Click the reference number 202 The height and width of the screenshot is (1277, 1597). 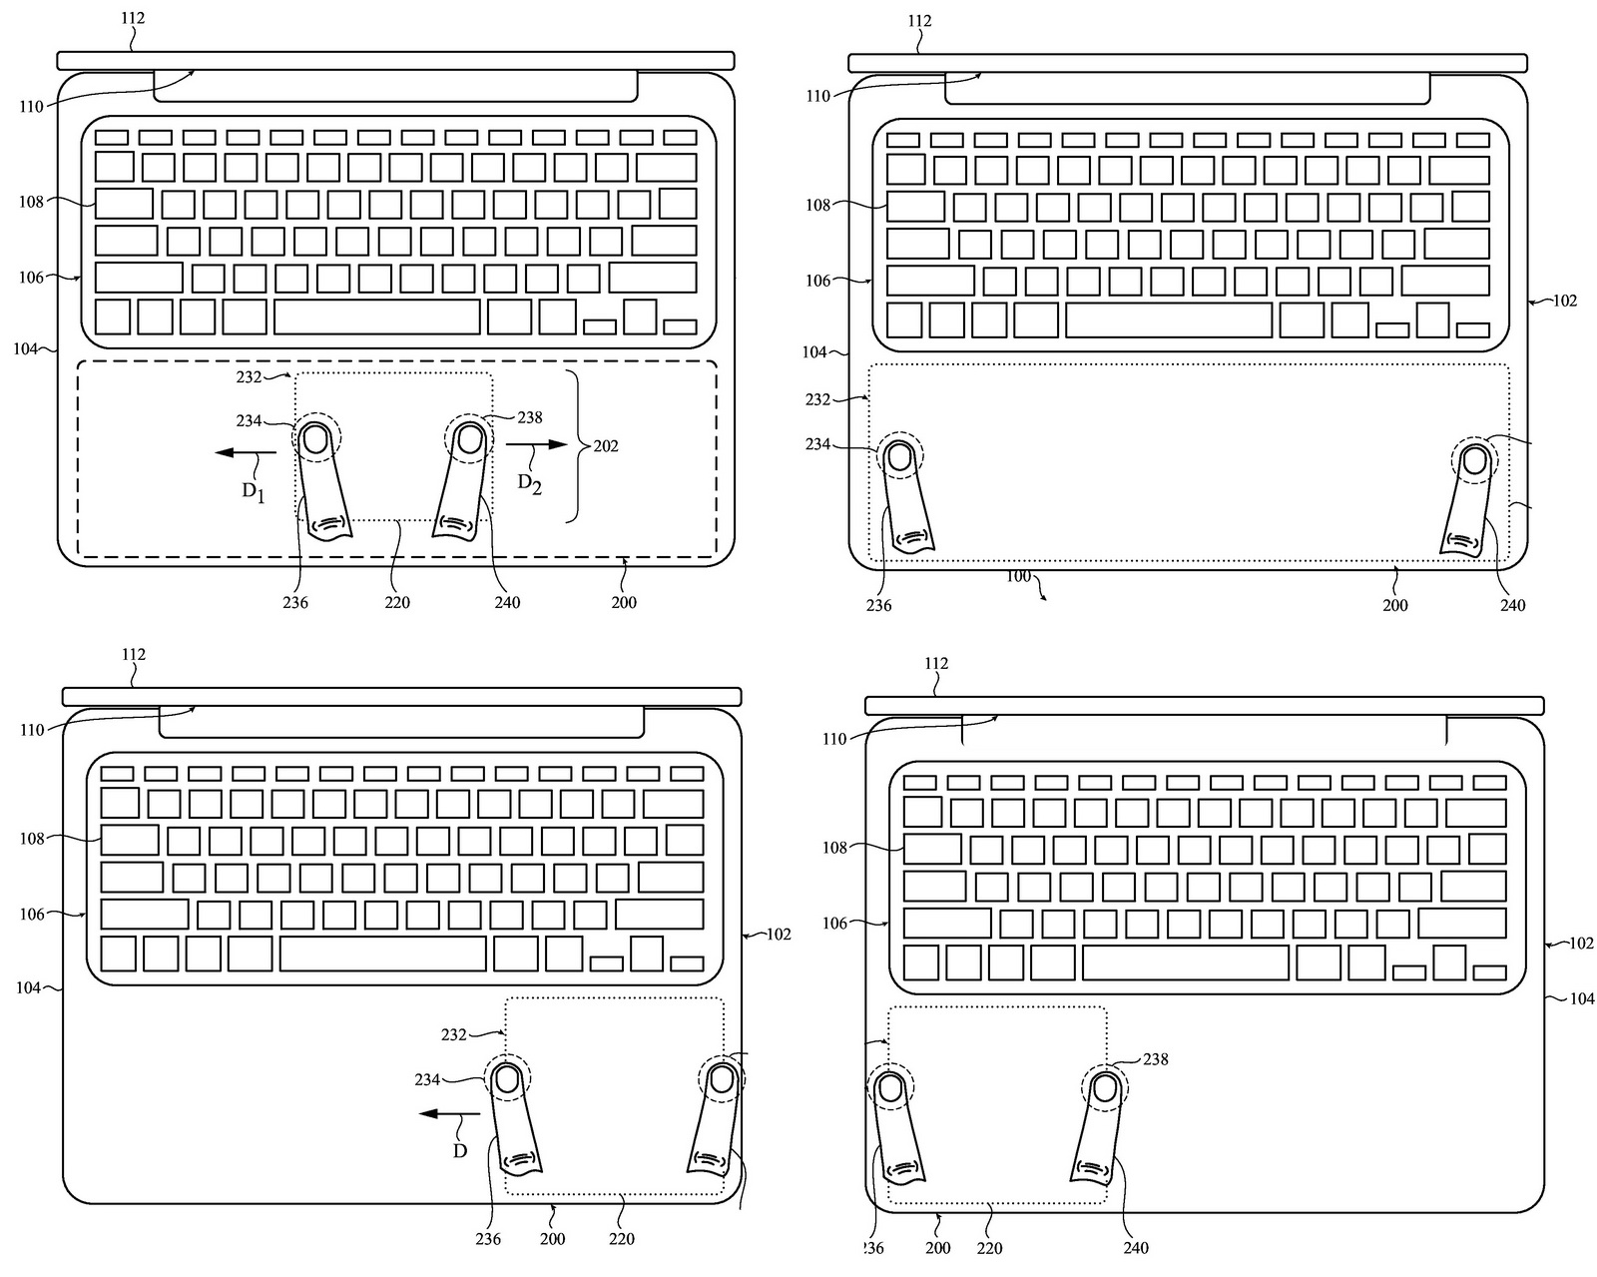pos(606,446)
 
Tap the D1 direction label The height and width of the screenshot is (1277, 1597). pos(254,492)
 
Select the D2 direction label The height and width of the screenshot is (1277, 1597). pos(530,485)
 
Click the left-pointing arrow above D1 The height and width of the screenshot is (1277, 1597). pos(246,452)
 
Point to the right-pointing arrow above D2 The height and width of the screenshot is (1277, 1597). pos(537,444)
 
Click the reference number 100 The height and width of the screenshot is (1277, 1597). pos(1018,576)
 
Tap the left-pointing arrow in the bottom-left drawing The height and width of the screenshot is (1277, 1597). pos(450,1113)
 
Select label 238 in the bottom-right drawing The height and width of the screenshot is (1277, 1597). pos(1156,1059)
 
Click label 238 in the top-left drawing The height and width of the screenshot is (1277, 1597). pos(530,418)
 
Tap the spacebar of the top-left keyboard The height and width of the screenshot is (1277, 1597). pos(377,318)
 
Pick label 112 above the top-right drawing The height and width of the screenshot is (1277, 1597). pos(919,21)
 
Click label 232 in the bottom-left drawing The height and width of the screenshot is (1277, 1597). pos(453,1035)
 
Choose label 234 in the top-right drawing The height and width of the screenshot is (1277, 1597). pos(817,444)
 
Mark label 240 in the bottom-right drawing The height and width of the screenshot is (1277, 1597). pos(1136,1248)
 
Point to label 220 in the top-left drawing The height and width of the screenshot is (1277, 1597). pos(397,603)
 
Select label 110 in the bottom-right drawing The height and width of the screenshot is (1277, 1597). pos(834,740)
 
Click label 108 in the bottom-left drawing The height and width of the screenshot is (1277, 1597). pos(32,839)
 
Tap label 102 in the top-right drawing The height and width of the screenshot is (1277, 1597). pos(1565,302)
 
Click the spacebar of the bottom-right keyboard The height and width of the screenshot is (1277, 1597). pos(1186,962)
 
